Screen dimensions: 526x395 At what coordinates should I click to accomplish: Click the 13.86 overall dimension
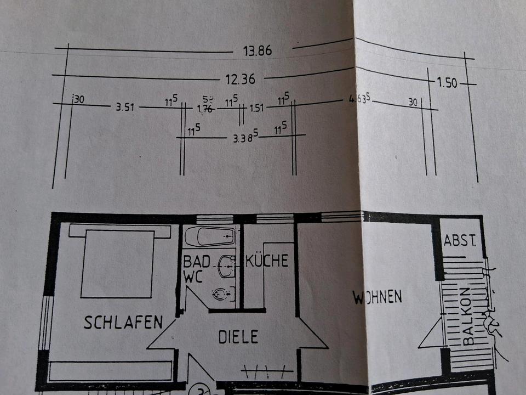(x=257, y=51)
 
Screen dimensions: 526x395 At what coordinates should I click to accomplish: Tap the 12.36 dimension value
(x=241, y=79)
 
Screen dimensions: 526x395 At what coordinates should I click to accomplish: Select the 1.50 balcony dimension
(x=448, y=83)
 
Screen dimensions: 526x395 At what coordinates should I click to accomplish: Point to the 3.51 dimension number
(x=125, y=107)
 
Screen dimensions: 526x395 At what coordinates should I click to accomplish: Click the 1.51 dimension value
(x=256, y=108)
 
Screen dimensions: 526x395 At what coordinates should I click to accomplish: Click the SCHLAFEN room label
(x=123, y=322)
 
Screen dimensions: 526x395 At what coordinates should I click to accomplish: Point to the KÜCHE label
(x=267, y=261)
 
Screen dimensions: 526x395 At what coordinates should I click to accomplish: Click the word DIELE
(x=238, y=336)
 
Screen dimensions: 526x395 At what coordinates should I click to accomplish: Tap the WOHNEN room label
(x=378, y=297)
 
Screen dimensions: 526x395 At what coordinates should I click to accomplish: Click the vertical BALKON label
(x=467, y=317)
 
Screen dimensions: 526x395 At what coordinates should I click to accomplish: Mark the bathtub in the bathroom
(x=209, y=236)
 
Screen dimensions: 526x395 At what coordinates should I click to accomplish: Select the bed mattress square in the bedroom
(x=118, y=264)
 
